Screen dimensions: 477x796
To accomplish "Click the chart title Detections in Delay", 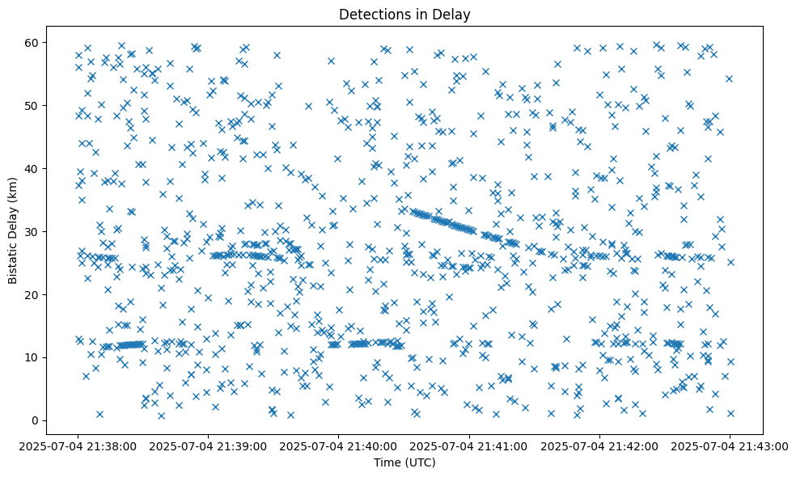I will pos(404,14).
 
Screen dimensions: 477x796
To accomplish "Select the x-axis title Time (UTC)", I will pos(404,462).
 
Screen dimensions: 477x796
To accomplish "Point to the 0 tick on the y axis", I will pos(36,420).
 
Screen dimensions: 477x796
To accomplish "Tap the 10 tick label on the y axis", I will pos(33,357).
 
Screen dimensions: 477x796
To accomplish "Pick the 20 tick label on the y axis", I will pos(33,294).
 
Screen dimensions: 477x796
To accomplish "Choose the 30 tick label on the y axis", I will pos(33,231).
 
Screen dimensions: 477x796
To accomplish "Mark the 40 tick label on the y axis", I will pos(33,168).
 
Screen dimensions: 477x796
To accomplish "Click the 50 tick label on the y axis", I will pos(33,105).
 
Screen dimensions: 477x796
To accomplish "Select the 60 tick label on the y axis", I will pos(33,42).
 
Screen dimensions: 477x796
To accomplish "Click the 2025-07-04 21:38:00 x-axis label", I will pos(78,445).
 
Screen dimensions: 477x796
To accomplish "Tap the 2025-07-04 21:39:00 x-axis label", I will pos(209,445).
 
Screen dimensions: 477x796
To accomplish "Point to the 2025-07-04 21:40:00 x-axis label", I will pos(339,445).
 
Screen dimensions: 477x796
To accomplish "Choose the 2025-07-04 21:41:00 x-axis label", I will pos(469,445).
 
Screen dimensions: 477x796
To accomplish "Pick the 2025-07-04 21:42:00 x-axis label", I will pos(599,445).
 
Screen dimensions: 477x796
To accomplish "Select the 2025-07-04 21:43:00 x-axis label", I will pos(730,445).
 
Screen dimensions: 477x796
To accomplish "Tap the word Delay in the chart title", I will pos(453,14).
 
